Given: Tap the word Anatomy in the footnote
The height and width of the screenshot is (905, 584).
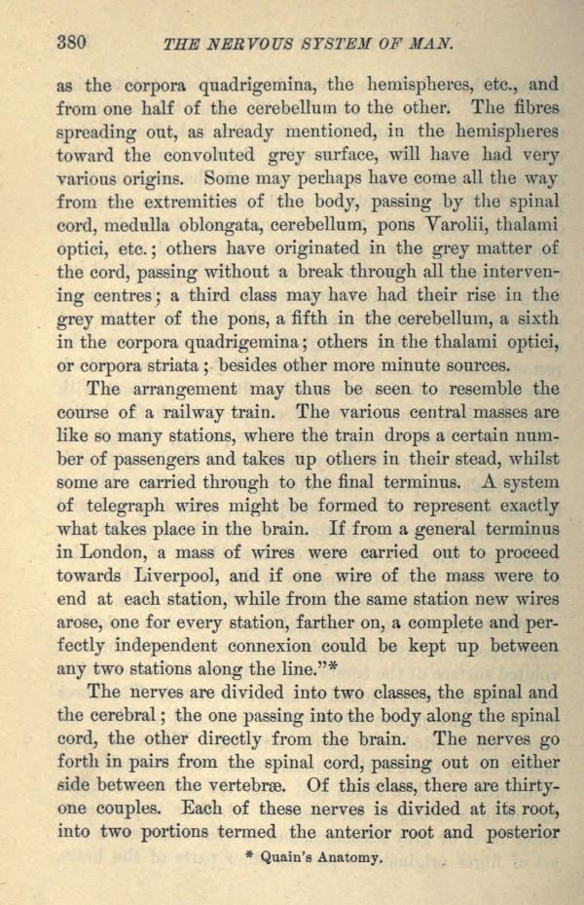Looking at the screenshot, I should [x=347, y=860].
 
